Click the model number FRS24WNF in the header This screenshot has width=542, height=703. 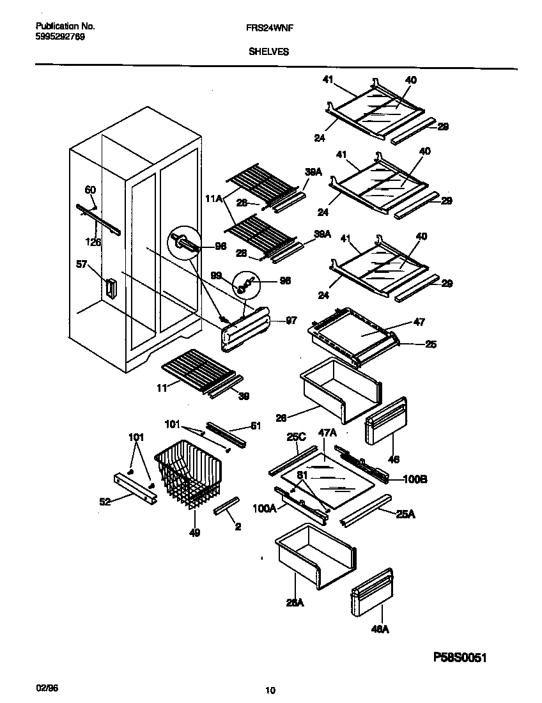coord(265,27)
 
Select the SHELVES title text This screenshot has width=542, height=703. coord(268,52)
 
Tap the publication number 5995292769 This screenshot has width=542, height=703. coord(59,36)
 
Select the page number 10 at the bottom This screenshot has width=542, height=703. coord(270,690)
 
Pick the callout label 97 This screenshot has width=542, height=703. coord(291,320)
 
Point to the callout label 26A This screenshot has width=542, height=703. coord(294,602)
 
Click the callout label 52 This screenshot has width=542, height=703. coord(105,502)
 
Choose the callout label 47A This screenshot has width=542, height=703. coord(327,433)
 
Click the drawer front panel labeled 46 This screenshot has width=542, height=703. coord(385,422)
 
